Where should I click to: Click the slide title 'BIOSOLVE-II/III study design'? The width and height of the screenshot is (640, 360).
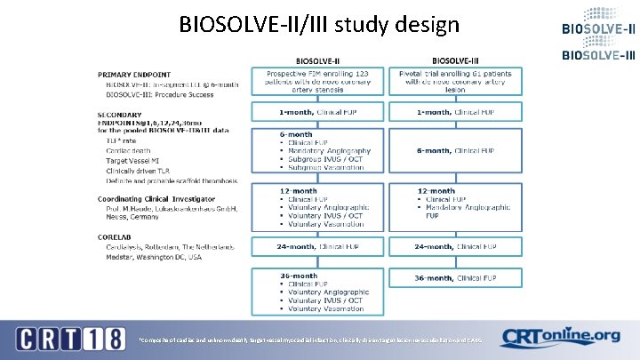click(318, 23)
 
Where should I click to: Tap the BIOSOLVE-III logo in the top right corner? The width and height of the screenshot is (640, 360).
click(598, 54)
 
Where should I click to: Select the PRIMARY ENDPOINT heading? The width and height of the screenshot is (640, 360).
click(134, 74)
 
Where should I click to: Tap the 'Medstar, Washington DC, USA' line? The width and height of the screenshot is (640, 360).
click(152, 257)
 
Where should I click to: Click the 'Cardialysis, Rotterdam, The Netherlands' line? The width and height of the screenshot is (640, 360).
click(166, 246)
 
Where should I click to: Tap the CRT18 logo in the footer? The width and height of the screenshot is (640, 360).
click(67, 339)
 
